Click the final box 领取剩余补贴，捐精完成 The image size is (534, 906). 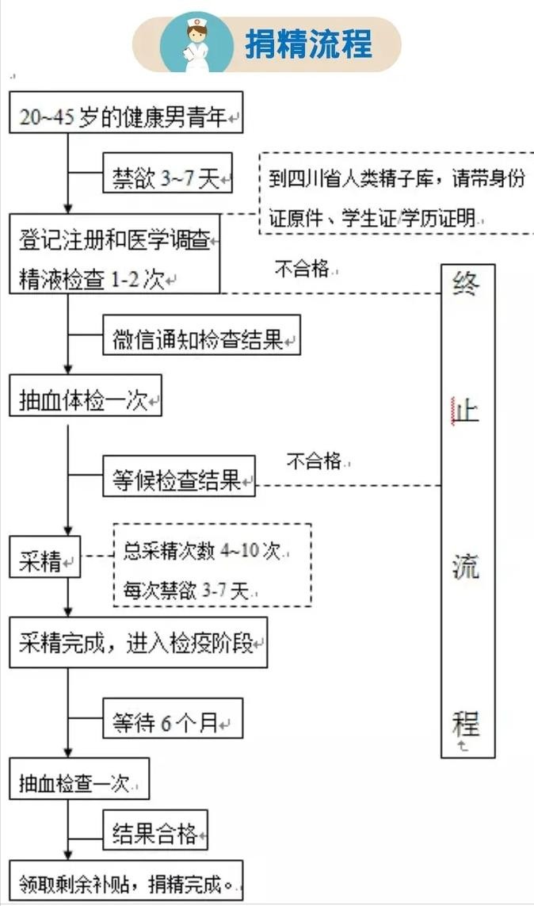pos(127,881)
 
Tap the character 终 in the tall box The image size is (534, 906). pos(467,285)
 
